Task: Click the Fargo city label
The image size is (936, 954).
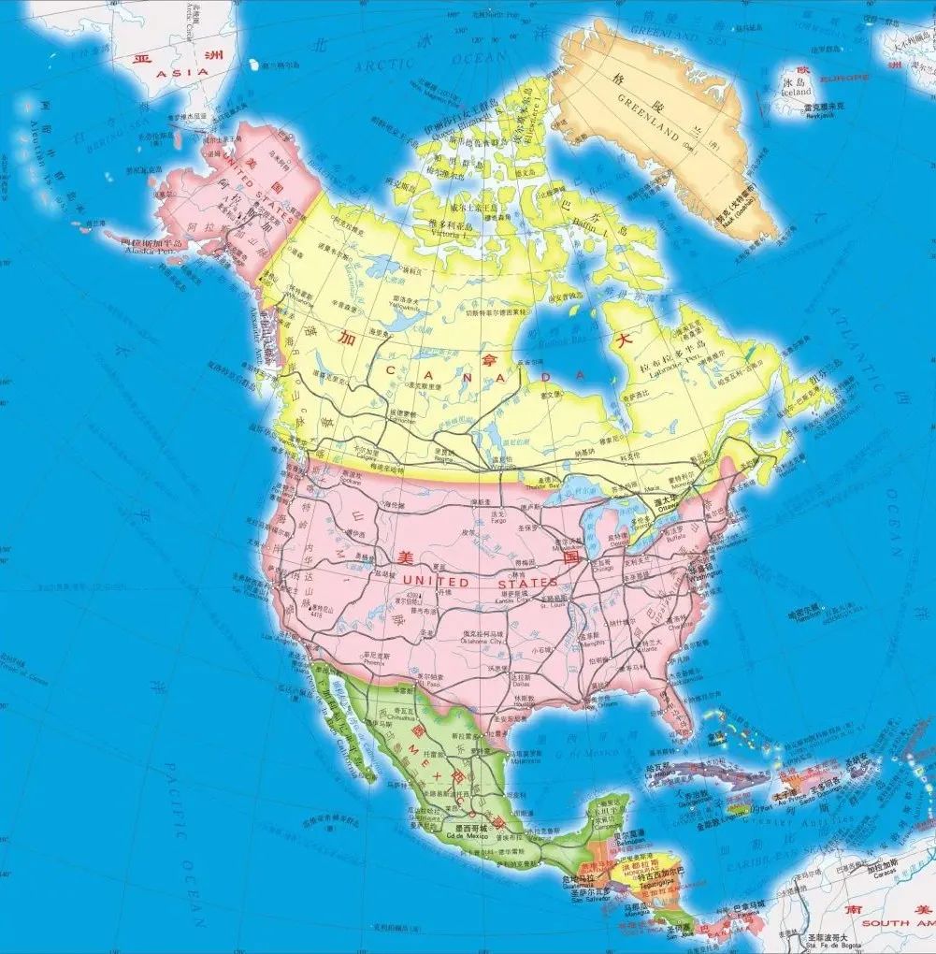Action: click(x=497, y=520)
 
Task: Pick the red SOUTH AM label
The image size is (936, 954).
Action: click(x=893, y=922)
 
